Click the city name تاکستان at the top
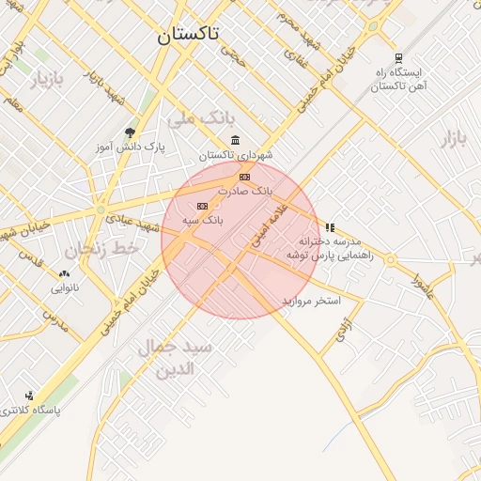tap(187, 34)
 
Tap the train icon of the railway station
tap(398, 58)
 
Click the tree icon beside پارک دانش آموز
tap(130, 132)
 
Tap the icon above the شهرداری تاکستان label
tap(234, 140)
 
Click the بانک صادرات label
tap(243, 190)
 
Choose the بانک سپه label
tap(202, 219)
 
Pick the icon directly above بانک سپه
tap(202, 206)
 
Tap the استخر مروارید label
tap(310, 301)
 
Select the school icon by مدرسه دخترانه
tap(330, 227)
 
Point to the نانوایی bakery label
tap(65, 287)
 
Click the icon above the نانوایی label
tap(64, 274)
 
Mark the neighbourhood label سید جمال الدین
tap(177, 357)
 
